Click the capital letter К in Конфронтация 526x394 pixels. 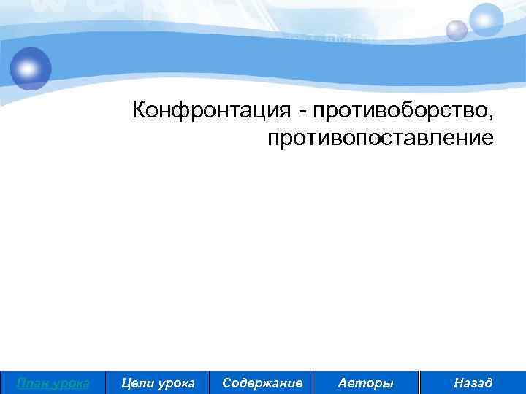tap(140, 111)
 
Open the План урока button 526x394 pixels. tap(53, 382)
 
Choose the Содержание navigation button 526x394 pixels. tap(262, 382)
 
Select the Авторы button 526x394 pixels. tap(365, 382)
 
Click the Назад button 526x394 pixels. tap(473, 382)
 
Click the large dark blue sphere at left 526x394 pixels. tap(31, 68)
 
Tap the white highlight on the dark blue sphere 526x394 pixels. tap(27, 66)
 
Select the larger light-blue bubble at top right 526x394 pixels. tap(486, 20)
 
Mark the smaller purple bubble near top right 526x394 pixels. tap(457, 30)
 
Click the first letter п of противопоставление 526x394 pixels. tap(272, 138)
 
